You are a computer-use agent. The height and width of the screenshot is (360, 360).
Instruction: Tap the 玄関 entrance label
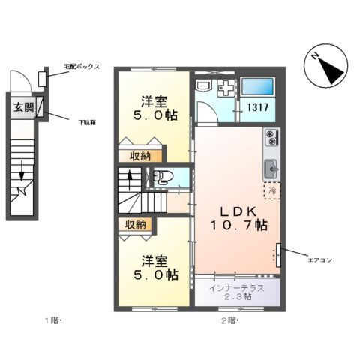(23, 107)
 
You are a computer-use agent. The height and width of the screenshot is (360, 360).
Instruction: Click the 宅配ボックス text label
(82, 67)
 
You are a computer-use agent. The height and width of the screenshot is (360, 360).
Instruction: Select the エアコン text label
(318, 260)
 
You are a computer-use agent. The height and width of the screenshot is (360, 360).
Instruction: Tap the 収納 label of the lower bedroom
(135, 224)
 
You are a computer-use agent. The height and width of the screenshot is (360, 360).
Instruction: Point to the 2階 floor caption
(229, 321)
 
